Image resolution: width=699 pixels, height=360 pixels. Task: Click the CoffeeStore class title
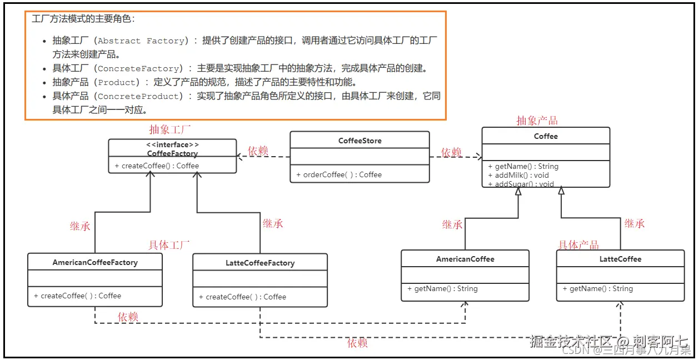[360, 141]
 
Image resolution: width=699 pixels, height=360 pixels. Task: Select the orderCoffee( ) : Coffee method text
[338, 174]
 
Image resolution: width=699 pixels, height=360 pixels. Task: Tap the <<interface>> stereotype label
[172, 144]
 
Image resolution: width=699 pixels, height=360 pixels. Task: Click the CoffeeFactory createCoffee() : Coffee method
[157, 166]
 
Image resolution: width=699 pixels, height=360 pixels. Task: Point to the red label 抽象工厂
[169, 130]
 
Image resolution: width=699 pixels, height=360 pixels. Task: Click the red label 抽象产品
[537, 121]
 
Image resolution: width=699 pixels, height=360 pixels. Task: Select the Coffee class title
[546, 136]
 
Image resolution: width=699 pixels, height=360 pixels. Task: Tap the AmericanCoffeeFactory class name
[95, 262]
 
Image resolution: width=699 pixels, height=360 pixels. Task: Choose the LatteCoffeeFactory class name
[260, 263]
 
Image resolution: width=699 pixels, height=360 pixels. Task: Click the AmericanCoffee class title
[465, 259]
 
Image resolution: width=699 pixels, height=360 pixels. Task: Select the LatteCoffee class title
[620, 259]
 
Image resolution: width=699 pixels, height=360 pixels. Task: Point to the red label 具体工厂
[169, 244]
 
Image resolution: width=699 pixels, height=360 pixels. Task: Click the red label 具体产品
[578, 245]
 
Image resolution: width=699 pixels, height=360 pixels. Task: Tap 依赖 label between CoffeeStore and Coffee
[451, 152]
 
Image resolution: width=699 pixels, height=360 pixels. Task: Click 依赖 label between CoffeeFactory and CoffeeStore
[258, 151]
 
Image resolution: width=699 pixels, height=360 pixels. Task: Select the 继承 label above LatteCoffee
[634, 223]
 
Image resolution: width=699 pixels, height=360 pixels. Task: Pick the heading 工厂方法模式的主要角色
[83, 19]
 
